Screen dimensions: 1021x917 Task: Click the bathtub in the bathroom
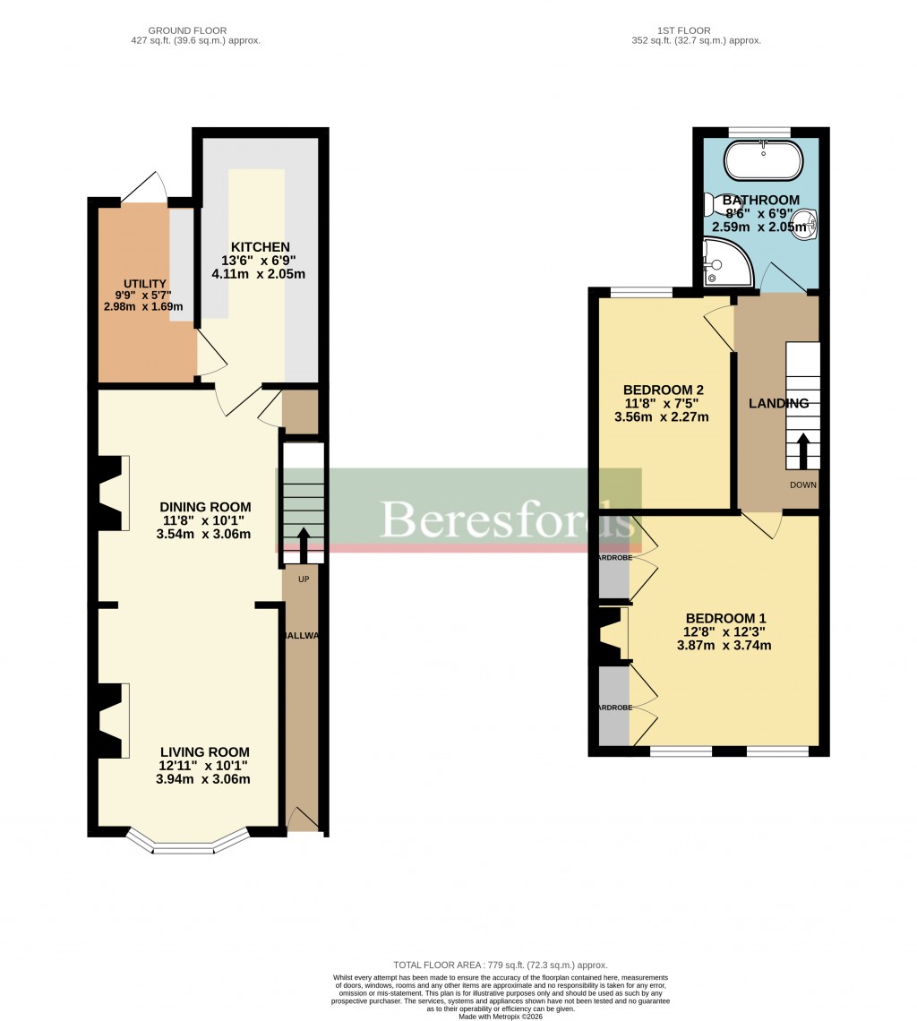(x=763, y=161)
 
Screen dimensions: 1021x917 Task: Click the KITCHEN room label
(x=260, y=247)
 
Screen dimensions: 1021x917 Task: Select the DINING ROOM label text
(x=205, y=507)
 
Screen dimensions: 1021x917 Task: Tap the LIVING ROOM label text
(x=205, y=752)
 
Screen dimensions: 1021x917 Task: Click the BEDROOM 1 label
(x=725, y=618)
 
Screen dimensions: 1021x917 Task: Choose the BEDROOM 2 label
(x=663, y=390)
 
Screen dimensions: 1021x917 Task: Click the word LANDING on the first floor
(x=778, y=403)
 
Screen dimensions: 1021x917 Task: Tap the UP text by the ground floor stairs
(x=304, y=579)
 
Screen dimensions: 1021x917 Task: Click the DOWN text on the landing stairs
(x=802, y=485)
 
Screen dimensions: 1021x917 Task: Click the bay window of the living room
(x=187, y=843)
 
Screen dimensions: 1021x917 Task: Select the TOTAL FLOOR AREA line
(x=501, y=965)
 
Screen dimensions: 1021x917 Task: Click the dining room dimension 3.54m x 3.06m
(x=202, y=535)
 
